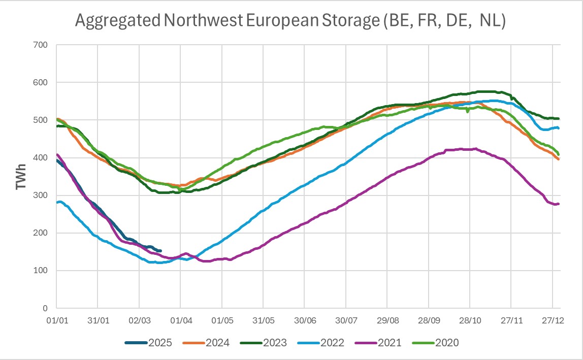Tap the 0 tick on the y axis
[45, 308]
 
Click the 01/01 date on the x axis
[56, 320]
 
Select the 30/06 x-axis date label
[304, 320]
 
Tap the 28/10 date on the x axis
[469, 320]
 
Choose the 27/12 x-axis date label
[552, 320]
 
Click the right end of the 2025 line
[160, 251]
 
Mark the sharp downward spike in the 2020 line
[467, 111]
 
